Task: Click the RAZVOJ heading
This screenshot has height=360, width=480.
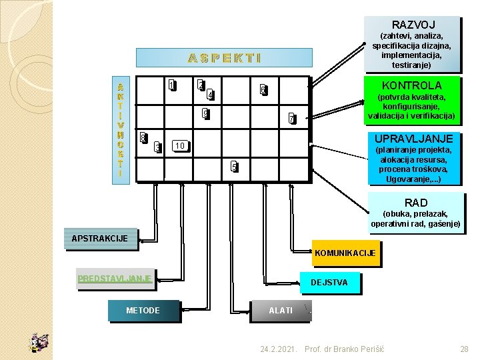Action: point(413,25)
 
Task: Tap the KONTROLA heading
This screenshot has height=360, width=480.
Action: point(411,85)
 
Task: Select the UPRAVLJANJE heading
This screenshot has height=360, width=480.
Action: point(413,139)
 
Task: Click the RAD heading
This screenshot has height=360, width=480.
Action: point(415,203)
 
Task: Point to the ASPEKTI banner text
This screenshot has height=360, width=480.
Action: point(224,58)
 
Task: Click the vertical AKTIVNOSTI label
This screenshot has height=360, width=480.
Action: point(120,129)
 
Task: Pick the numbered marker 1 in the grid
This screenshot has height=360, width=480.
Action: point(171,85)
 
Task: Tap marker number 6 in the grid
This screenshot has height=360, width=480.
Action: point(263,90)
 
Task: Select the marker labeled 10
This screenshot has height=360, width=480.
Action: point(179,145)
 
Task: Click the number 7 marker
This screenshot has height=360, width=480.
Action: point(291,119)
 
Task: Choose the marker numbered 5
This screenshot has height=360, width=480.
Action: point(233,166)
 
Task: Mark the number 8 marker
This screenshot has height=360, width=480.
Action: point(143,138)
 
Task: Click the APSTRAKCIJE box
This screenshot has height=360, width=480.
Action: point(100,239)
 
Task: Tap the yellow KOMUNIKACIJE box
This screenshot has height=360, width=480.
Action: point(345,253)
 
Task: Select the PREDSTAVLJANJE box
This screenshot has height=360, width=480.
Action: point(115,279)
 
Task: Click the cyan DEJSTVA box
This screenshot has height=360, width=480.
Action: point(329,283)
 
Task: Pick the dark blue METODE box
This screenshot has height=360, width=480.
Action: point(143,311)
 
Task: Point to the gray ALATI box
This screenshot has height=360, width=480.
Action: point(280,311)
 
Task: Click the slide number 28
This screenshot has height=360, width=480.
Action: point(465,349)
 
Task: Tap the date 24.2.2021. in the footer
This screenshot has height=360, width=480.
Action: point(279,349)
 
